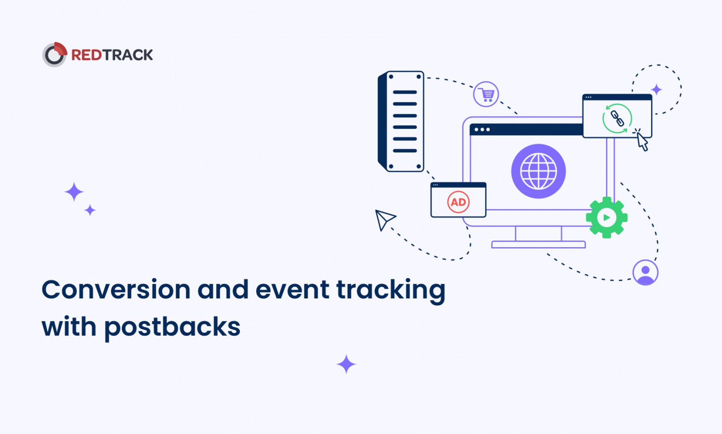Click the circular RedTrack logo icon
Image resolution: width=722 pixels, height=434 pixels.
[55, 55]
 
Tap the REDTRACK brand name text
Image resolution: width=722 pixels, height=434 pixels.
[112, 55]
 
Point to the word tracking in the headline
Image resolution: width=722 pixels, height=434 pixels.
[391, 290]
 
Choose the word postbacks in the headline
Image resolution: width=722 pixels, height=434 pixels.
[172, 327]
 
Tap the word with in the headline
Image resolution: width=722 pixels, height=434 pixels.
[69, 326]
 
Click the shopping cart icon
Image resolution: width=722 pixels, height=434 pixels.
[486, 94]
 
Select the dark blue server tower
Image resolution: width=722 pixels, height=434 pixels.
[401, 121]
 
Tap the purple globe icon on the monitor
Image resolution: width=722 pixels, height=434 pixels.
[538, 171]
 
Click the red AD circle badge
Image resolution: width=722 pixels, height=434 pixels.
[458, 202]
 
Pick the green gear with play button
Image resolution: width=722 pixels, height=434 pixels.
[606, 217]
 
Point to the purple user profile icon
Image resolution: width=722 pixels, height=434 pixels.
[645, 272]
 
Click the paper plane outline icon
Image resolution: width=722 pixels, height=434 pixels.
[384, 219]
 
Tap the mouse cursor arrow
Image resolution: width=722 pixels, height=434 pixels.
[642, 141]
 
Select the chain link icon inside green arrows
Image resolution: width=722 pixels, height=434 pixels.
[617, 119]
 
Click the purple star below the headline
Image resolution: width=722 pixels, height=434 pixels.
[346, 364]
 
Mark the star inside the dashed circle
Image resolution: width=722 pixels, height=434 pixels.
[657, 89]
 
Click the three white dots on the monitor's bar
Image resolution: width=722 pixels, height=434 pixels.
[482, 129]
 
